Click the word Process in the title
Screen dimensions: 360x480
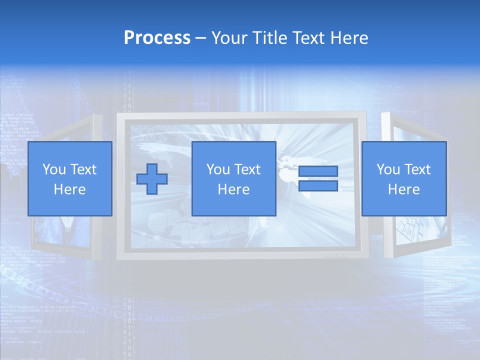[157, 38]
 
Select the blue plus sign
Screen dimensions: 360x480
[152, 178]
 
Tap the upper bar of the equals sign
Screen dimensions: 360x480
[318, 171]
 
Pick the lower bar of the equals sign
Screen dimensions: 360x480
[318, 186]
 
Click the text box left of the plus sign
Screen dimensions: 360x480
[69, 178]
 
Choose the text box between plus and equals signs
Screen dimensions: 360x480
[233, 178]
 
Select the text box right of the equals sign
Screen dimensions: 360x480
[403, 178]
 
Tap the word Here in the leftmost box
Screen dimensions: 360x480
[69, 189]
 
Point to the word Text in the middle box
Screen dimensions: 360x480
[247, 169]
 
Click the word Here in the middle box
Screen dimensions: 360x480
[233, 189]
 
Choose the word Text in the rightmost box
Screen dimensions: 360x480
[417, 169]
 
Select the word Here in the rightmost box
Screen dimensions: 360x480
[403, 189]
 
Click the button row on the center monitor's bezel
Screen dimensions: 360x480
[336, 255]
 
